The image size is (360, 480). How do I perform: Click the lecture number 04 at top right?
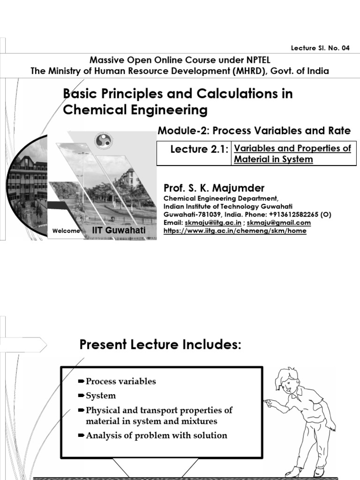coord(345,48)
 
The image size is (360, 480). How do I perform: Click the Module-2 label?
coord(180,131)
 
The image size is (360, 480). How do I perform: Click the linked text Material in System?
coord(273,159)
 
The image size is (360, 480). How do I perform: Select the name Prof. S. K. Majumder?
coord(214,188)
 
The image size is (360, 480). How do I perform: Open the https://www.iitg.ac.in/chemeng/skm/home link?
coord(234,231)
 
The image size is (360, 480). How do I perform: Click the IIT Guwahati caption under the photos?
coord(119,231)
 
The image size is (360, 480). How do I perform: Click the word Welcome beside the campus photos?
coord(67,231)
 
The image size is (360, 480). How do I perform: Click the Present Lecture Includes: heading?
coord(160,345)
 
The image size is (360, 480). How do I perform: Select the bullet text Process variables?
coord(120,381)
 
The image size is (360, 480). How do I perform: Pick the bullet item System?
coord(100,396)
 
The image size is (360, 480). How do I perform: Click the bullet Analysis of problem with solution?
coord(156,435)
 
